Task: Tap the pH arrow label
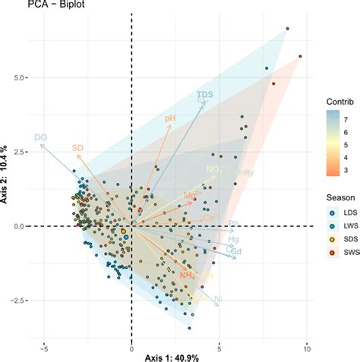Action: click(x=170, y=119)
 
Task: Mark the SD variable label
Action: click(x=77, y=147)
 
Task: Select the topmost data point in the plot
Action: click(x=287, y=29)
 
